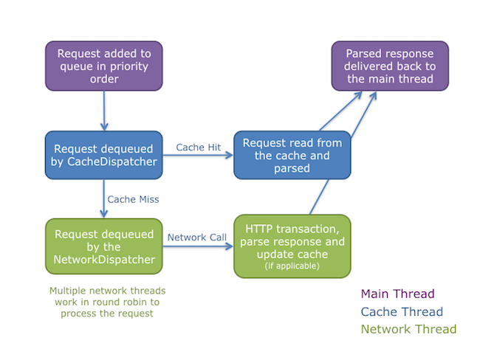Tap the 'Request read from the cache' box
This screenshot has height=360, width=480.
(291, 155)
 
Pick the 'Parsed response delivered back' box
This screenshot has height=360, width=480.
(390, 66)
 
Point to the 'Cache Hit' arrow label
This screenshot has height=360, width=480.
(199, 148)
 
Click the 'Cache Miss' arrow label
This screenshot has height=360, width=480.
(133, 199)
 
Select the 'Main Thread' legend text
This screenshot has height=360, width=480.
(397, 294)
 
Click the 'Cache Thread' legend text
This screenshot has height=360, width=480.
(402, 312)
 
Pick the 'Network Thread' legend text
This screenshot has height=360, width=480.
(408, 329)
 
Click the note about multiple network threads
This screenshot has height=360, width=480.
(103, 302)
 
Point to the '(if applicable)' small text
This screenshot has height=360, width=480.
(291, 266)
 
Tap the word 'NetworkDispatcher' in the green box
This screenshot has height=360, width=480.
(103, 259)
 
